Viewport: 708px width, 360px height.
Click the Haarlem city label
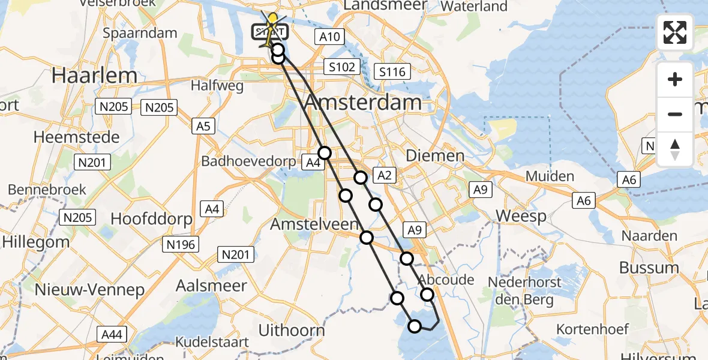[86, 75]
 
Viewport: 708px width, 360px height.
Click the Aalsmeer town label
[211, 286]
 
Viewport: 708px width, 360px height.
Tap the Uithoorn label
[291, 329]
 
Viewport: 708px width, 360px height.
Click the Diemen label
[435, 156]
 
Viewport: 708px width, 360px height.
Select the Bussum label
[649, 268]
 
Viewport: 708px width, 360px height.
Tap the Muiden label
[550, 176]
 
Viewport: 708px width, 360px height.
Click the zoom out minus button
[675, 114]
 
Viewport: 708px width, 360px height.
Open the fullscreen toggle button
[675, 32]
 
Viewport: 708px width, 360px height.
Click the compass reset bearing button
[675, 149]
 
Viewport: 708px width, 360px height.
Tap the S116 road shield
[392, 73]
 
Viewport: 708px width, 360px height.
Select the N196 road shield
[181, 244]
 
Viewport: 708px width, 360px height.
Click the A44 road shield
[112, 334]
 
